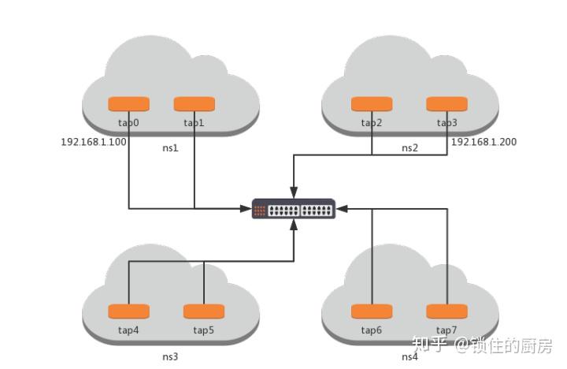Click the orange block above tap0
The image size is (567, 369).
click(128, 104)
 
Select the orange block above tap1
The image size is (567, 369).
click(195, 104)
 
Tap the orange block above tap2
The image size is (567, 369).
click(372, 104)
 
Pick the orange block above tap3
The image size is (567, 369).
click(447, 104)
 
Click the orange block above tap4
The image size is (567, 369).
click(128, 311)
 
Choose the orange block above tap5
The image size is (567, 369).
click(204, 311)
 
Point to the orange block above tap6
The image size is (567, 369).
click(372, 311)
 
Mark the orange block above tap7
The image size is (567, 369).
click(447, 311)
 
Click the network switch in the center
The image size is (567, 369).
click(294, 209)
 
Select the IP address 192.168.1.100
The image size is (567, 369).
click(94, 142)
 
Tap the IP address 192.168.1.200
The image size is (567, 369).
click(484, 142)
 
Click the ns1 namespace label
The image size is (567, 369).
click(170, 148)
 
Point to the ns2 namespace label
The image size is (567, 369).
click(409, 148)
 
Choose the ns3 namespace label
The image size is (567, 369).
click(170, 356)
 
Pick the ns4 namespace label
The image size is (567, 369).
click(409, 356)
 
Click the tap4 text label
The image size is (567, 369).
click(128, 330)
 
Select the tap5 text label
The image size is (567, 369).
click(204, 330)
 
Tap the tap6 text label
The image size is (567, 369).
click(372, 330)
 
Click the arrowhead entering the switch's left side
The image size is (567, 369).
click(246, 209)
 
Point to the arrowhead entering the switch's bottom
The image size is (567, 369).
click(294, 225)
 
